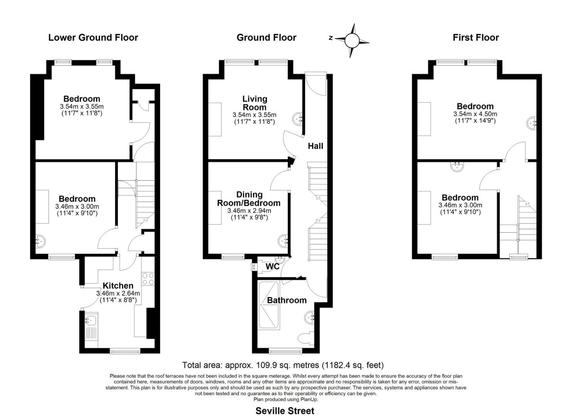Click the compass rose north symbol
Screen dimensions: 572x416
[x=352, y=41]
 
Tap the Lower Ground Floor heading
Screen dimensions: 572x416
[x=93, y=37]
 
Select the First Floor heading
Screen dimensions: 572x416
[x=476, y=37]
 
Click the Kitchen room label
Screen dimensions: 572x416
[x=118, y=285]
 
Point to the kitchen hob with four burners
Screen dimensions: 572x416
[x=148, y=278]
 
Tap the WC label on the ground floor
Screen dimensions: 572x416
[x=272, y=266]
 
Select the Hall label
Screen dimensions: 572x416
[x=315, y=146]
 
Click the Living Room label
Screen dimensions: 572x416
[x=255, y=103]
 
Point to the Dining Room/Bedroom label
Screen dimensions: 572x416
[x=249, y=199]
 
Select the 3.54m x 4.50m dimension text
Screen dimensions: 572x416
[x=475, y=114]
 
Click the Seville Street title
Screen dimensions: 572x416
[x=285, y=411]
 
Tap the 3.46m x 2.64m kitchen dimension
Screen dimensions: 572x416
[x=118, y=293]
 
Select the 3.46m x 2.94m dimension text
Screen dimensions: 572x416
[x=249, y=211]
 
